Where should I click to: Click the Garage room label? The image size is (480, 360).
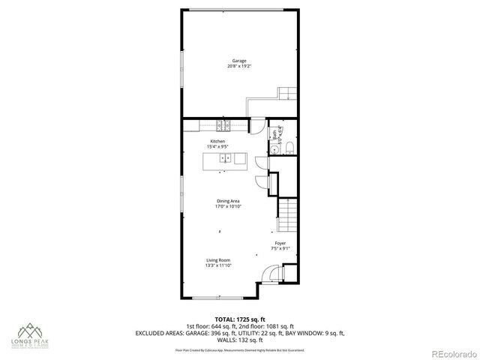238,61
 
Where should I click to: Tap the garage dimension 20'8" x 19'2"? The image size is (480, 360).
238,67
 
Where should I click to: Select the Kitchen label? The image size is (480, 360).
217,141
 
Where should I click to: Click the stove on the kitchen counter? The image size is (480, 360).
223,124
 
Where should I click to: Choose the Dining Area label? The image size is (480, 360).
228,201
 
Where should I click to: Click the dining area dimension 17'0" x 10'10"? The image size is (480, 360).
228,207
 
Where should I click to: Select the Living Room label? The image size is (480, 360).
218,259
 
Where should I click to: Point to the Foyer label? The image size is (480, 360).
280,243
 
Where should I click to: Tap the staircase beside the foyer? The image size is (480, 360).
288,215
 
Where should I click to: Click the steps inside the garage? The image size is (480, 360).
287,94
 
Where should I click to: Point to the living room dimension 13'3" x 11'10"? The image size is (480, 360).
218,265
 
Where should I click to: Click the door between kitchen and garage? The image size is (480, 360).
258,127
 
